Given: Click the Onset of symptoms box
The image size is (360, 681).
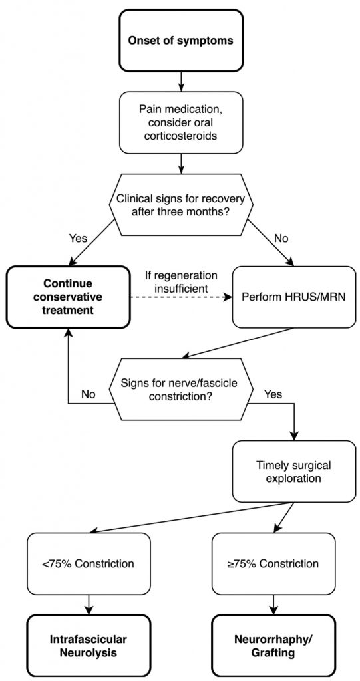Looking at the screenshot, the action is coord(180,41).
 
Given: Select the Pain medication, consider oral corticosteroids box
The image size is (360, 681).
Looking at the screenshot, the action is coord(180,122).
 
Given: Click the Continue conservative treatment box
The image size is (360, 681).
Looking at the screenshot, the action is coord(68,297).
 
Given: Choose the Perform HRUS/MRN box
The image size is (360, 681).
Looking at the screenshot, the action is coord(294,297).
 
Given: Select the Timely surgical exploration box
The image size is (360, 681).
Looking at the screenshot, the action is coord(294,472).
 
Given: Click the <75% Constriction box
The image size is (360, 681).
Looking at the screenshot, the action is coord(89,564).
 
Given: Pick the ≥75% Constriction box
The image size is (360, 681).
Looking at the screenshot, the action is coord(273,564).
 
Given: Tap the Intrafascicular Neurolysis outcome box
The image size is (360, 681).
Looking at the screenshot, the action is coord(89,646).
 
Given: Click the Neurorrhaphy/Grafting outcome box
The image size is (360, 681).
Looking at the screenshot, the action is coord(273,646).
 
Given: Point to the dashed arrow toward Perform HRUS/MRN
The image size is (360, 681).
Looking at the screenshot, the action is coord(181,297).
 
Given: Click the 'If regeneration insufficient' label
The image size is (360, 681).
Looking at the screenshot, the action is coord(180,282).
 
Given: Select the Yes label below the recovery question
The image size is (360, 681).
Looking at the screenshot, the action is coord(79,239).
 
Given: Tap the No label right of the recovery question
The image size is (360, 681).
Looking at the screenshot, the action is coord(281,239).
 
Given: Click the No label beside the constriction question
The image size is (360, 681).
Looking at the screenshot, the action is coord(89,395).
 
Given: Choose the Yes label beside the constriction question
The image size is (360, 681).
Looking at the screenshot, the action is coord(273,395).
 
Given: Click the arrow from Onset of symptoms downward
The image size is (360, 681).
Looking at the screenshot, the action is coord(180,82).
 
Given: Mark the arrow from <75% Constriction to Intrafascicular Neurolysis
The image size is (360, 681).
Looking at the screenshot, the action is coord(89,605).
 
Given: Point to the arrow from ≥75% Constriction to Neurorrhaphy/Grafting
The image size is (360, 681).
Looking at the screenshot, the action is coord(273,605).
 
